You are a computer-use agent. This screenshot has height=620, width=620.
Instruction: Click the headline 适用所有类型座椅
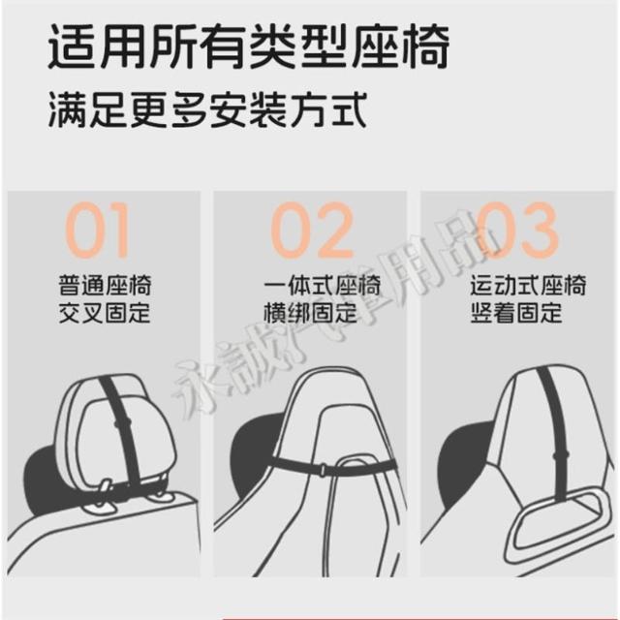tap(248, 47)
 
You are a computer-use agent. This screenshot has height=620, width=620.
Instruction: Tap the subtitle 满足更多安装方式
tap(206, 109)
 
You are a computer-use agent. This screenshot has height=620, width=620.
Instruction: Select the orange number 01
tap(97, 230)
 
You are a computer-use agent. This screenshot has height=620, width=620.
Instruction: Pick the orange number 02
tap(312, 230)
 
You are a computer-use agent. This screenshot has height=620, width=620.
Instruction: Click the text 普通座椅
tap(105, 286)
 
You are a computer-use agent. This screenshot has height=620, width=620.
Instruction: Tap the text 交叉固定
tap(105, 313)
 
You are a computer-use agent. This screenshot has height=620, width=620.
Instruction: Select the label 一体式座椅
tap(322, 286)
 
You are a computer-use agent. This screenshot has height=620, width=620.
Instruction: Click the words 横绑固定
tap(310, 313)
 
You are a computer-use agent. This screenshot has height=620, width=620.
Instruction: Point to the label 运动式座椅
tap(528, 286)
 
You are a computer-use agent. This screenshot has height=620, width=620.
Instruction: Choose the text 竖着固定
tap(516, 313)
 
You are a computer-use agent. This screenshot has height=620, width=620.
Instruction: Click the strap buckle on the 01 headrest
tap(122, 422)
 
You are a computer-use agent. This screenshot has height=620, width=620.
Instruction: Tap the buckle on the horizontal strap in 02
tap(323, 469)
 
